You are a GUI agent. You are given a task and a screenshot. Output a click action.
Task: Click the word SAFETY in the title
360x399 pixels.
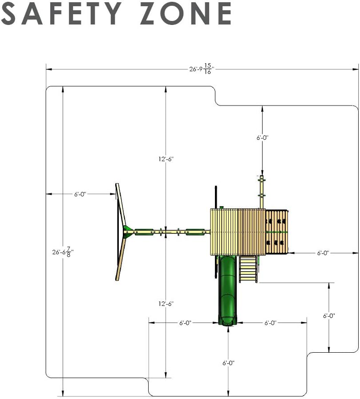point(61,13)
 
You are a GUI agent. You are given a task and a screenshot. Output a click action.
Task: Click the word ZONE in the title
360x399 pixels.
point(186,13)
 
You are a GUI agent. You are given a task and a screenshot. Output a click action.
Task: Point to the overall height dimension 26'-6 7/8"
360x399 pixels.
point(63,252)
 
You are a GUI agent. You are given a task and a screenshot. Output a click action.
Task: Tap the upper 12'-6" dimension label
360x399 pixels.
point(166,159)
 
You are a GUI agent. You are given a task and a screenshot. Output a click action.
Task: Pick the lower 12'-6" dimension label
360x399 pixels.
point(166,304)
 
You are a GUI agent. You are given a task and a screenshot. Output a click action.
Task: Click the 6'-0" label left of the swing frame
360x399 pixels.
point(81,194)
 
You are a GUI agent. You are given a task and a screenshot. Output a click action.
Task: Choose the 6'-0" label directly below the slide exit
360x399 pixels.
point(228,363)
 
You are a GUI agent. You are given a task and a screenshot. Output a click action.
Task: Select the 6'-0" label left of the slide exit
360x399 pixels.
point(185,323)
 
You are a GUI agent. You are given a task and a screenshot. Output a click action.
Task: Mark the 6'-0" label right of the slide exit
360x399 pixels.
point(271,323)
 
